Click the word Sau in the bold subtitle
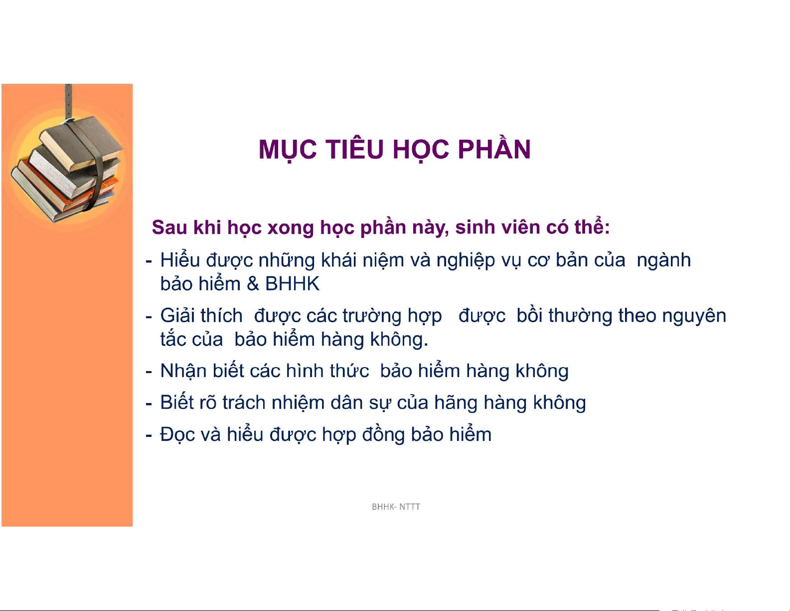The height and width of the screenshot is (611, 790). (169, 227)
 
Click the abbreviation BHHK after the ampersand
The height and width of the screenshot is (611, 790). (292, 284)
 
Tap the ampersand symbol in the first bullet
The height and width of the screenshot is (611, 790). (253, 284)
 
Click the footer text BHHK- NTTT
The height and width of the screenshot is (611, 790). (396, 507)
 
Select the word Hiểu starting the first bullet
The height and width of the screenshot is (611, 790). (180, 260)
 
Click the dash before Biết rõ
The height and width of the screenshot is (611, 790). (149, 404)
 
